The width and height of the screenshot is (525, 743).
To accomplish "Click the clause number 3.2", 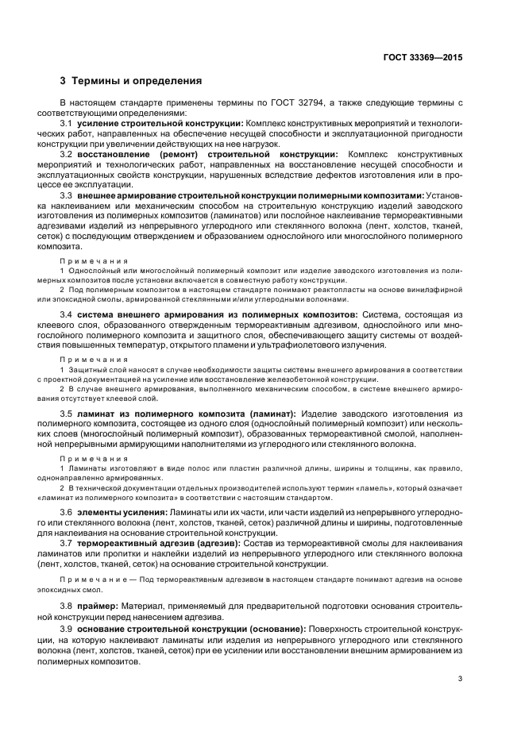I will [67, 154].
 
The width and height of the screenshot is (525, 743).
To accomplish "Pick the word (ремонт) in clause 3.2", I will [188, 154].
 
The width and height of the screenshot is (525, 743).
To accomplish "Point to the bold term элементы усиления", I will [118, 513].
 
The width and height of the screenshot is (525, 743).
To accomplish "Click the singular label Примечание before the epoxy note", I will [95, 580].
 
